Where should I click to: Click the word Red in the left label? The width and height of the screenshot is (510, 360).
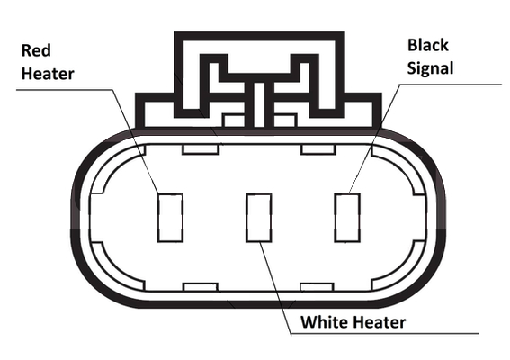coord(36,50)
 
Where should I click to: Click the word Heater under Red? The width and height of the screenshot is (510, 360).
coord(48,74)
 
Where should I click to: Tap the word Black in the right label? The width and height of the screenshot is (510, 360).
coord(428,45)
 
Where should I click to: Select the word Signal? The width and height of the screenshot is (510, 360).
coord(430,68)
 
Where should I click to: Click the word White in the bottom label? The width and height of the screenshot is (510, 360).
coord(325,322)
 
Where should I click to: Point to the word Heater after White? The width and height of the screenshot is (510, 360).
coord(380,322)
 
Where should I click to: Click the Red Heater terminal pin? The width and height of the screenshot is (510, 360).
coord(170,218)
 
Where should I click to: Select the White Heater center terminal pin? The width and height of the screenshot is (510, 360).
coord(259,218)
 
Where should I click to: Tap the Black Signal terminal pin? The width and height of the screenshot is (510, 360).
coord(347,218)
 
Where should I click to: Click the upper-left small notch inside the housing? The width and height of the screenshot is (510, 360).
coord(201,149)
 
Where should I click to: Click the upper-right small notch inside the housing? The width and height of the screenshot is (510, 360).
coord(318,149)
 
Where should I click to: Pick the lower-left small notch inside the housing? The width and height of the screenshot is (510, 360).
coord(201,287)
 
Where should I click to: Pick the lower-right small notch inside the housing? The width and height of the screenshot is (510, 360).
coord(318,287)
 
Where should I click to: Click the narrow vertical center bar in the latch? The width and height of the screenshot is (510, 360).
coord(259,104)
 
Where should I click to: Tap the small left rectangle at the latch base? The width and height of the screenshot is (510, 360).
coord(234,121)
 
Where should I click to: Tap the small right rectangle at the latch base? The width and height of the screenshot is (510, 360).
coord(285,121)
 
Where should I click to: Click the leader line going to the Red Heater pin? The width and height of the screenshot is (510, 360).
coord(136,141)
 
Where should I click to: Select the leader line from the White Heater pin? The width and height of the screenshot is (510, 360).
coord(275,288)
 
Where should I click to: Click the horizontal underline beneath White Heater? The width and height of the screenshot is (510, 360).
coord(385,334)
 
